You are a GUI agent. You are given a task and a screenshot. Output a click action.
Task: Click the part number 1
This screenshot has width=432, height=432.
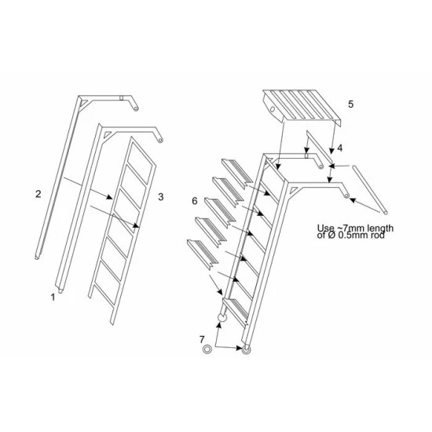pyautogui.click(x=53, y=297)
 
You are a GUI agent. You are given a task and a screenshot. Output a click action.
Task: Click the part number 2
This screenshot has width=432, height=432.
pyautogui.click(x=38, y=192)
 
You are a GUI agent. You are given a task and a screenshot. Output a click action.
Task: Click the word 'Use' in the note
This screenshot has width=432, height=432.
pyautogui.click(x=324, y=229)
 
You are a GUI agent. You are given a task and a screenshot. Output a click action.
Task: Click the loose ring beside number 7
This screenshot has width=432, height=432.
pyautogui.click(x=207, y=348)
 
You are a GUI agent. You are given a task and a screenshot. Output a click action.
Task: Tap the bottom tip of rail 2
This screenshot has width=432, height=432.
pyautogui.click(x=37, y=256)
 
